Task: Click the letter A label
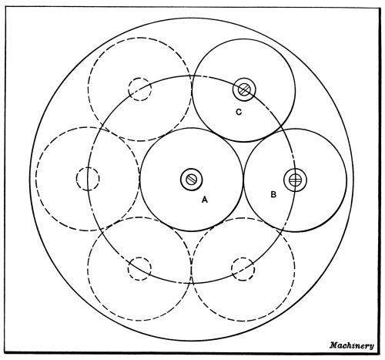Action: pos(204,200)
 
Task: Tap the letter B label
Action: pos(273,194)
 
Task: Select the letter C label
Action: pos(239,112)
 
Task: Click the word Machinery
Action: pos(352,345)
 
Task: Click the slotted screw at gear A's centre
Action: pos(191,180)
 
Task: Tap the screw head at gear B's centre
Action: pos(295,180)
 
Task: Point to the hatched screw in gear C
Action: pos(244,89)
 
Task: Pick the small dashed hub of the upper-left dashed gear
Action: pos(140,89)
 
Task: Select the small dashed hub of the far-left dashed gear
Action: pos(88,179)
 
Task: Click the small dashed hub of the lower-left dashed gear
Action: pos(139,268)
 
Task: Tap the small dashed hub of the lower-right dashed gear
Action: pos(243,269)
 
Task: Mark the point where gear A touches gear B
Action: pos(243,180)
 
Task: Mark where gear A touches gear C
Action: pos(218,134)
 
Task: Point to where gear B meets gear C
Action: pos(269,135)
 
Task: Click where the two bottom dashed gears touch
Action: pos(192,269)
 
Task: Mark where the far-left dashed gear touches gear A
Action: pos(139,179)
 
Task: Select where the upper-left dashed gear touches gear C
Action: pos(192,89)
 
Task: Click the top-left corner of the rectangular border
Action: pos(5,7)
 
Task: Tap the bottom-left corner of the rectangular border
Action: pos(5,352)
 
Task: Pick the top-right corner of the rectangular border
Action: pos(380,8)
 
